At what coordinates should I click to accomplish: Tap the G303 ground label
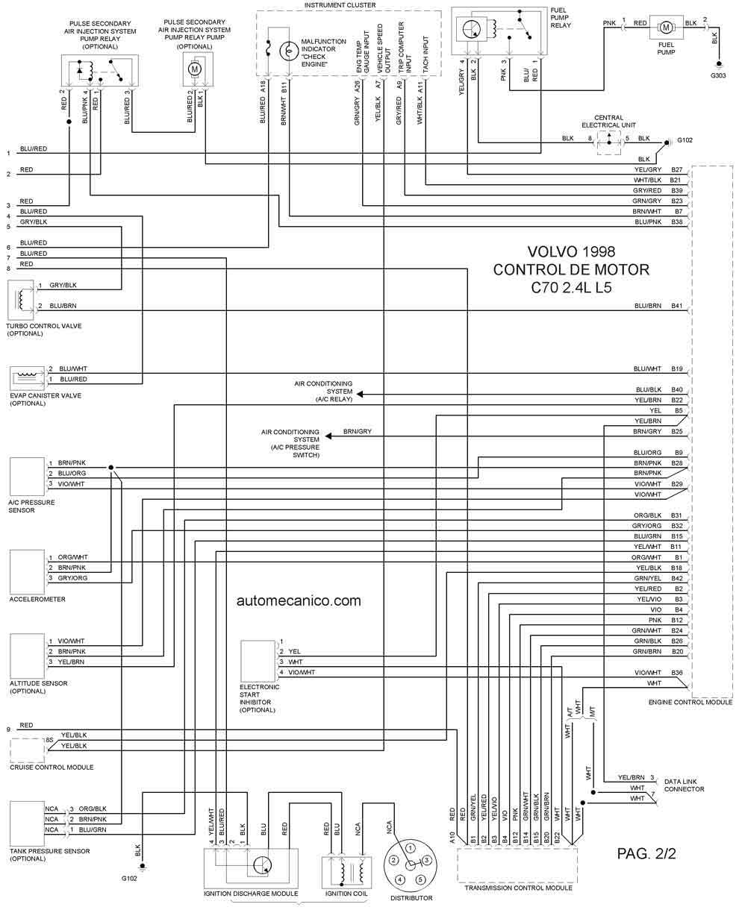point(718,76)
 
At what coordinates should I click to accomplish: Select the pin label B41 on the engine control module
point(677,306)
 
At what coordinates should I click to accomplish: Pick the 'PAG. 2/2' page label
point(646,853)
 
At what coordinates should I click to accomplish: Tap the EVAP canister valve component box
point(28,375)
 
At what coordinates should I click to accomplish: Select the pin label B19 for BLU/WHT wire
point(677,368)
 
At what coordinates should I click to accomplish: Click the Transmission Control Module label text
point(518,888)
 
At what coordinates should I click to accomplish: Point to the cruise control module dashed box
point(27,750)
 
